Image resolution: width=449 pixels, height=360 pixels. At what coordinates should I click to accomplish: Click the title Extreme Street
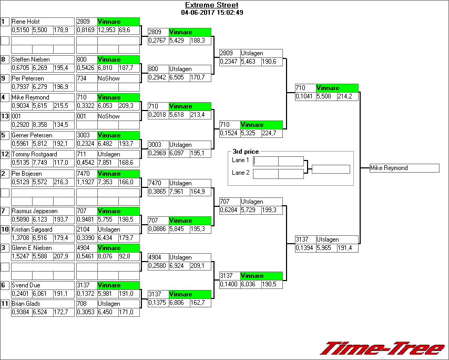[x=211, y=5]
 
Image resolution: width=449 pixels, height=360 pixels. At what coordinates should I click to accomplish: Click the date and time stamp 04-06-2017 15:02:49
[x=211, y=12]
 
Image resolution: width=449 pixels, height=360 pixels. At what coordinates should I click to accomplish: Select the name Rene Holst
[x=26, y=22]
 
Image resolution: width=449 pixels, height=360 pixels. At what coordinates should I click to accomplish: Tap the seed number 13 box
[x=5, y=116]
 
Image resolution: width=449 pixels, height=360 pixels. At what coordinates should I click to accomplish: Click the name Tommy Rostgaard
[x=30, y=154]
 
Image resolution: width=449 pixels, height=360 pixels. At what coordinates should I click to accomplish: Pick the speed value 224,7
[x=271, y=134]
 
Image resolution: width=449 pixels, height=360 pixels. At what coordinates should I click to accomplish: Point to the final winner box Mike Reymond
[x=404, y=168]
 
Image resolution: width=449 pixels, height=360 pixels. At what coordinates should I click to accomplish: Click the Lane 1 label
[x=240, y=160]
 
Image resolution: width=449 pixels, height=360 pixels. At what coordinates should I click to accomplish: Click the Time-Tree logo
[x=382, y=348]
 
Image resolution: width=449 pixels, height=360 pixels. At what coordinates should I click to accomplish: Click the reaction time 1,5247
[x=21, y=257]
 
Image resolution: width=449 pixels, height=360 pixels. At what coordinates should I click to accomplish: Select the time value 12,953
[x=107, y=31]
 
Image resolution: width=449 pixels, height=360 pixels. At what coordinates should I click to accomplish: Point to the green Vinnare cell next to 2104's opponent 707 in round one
[x=118, y=211]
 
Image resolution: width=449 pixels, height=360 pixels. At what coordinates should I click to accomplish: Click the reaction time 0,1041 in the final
[x=304, y=97]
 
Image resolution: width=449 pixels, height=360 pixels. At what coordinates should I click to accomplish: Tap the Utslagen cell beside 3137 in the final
[x=336, y=239]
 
